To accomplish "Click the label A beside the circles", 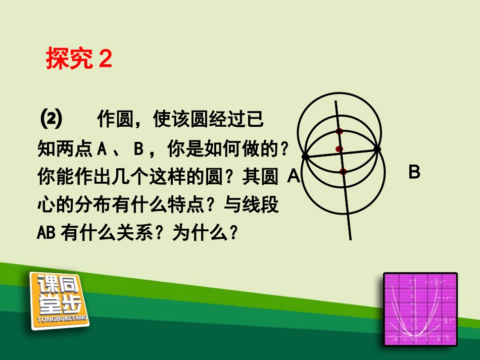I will pyautogui.click(x=294, y=176).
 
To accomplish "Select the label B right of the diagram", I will pyautogui.click(x=414, y=173).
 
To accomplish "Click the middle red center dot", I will pyautogui.click(x=340, y=149).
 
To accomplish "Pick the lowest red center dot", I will pyautogui.click(x=343, y=172).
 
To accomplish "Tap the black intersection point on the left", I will pyautogui.click(x=305, y=157).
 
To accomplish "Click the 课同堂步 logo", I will pyautogui.click(x=59, y=298).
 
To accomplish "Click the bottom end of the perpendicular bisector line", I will pyautogui.click(x=350, y=238).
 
